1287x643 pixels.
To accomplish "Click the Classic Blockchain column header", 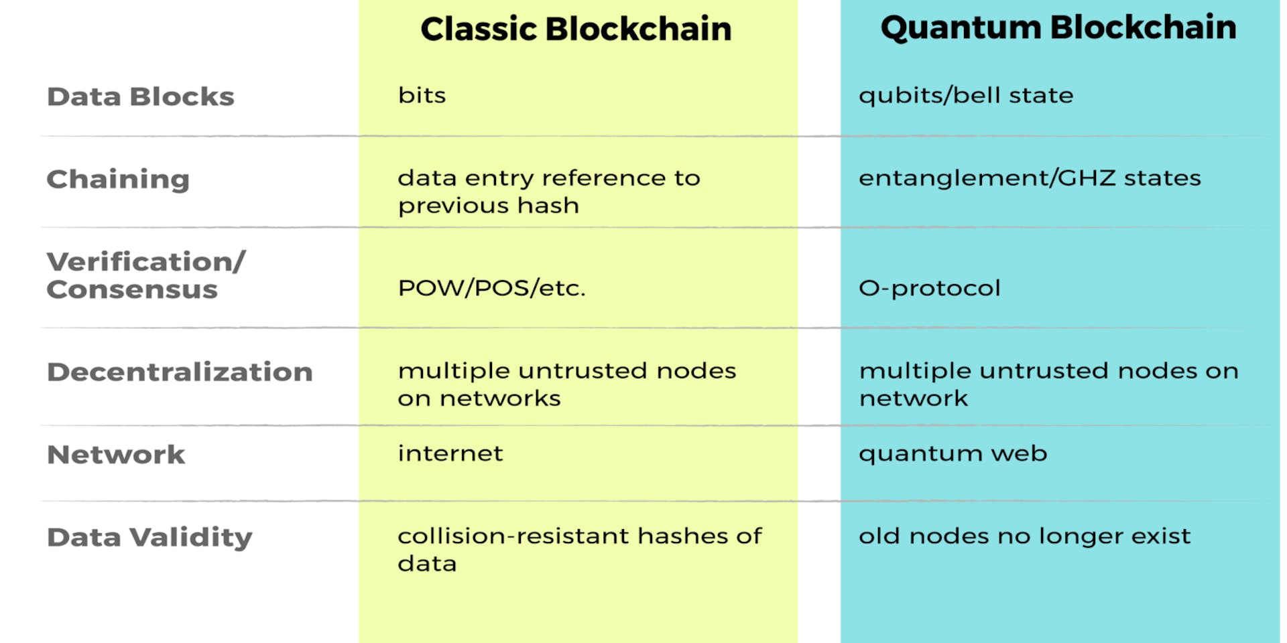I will [x=576, y=29].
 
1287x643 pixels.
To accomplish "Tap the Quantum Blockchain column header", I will [x=1058, y=28].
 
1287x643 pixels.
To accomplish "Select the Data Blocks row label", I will [x=141, y=97].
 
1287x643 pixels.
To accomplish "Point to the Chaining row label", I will [x=118, y=180].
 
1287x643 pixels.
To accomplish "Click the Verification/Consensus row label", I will [x=146, y=275].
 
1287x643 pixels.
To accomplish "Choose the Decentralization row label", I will [x=180, y=372].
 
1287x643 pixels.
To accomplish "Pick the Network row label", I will [x=116, y=455].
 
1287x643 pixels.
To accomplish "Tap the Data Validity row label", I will [x=149, y=537].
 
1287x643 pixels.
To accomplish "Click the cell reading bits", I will [x=422, y=96].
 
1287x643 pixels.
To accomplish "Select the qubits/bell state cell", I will [x=966, y=96].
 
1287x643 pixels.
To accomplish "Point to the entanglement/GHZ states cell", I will [x=1030, y=178].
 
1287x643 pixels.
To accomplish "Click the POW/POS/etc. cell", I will [x=491, y=288].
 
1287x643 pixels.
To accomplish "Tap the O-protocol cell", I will [x=930, y=288].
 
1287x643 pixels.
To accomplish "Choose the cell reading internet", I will [x=450, y=453].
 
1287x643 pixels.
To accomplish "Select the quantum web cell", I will [x=953, y=453].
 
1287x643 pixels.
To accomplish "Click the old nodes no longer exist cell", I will [x=1024, y=537].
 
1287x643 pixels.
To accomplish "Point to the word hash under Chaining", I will [x=548, y=206].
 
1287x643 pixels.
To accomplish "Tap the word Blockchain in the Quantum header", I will [x=1144, y=28].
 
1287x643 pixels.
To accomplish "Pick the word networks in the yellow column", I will [x=500, y=399].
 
